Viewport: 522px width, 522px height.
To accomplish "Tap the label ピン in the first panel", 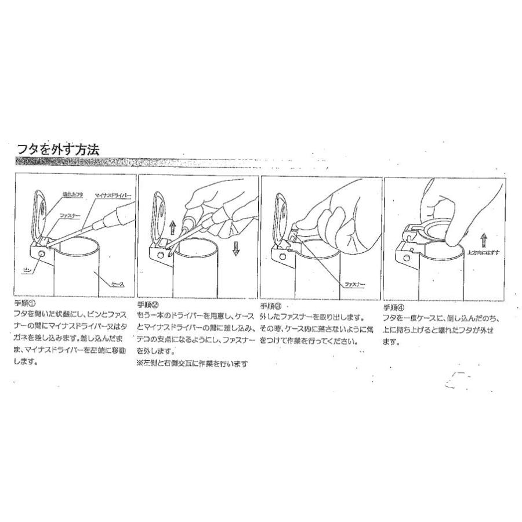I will pyautogui.click(x=26, y=270).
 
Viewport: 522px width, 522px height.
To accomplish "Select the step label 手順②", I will pyautogui.click(x=148, y=304).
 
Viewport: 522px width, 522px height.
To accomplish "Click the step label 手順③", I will pyautogui.click(x=271, y=306).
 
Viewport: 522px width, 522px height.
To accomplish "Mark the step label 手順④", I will pyautogui.click(x=394, y=307).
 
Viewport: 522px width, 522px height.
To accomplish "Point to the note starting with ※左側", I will pyautogui.click(x=192, y=364).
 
